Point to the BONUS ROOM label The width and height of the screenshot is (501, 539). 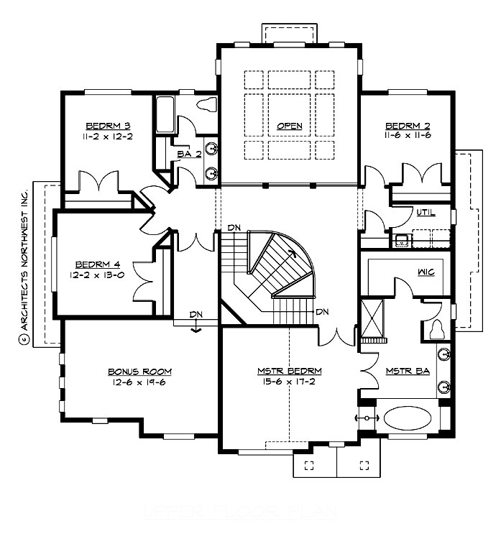coord(140,371)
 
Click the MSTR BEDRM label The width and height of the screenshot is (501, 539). coord(289,371)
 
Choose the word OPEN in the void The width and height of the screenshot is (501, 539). coord(289,126)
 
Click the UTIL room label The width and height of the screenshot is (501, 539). coord(426,213)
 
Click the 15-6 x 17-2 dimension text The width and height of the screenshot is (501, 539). coord(289,382)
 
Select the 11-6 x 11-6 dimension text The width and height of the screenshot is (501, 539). coord(407,134)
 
